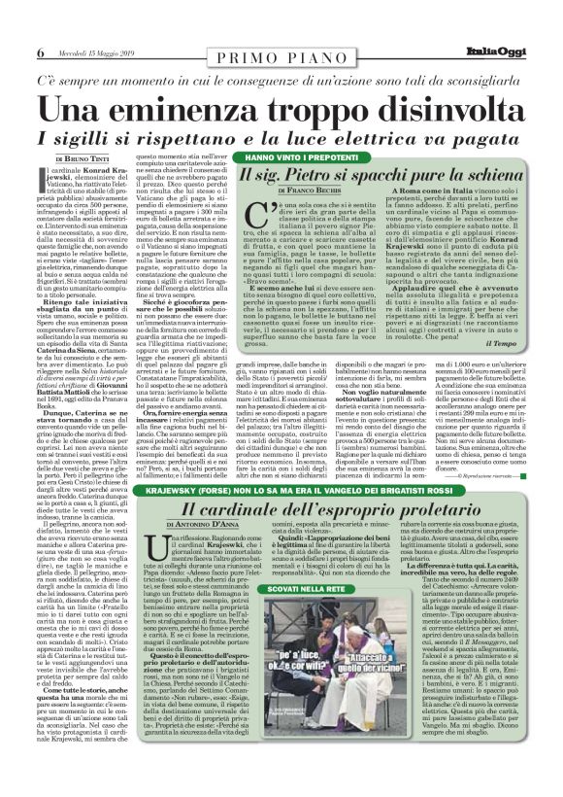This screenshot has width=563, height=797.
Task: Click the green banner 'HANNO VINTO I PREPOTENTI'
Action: pos(297,156)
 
